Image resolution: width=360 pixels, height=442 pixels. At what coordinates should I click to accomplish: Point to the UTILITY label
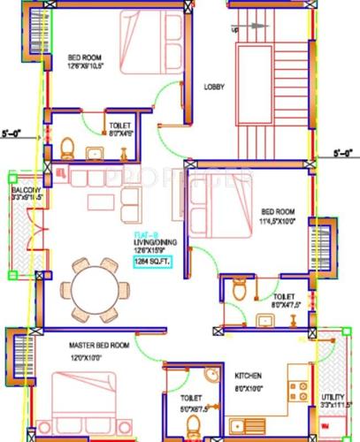coord(333,397)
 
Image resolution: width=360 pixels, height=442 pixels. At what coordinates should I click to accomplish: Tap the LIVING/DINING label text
coord(149,240)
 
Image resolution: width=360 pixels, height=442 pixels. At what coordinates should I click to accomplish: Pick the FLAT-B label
coord(142,232)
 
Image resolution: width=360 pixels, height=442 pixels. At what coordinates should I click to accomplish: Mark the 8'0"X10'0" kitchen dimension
coord(248,386)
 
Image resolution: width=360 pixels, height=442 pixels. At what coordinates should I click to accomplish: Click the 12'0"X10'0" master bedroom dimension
coord(97,357)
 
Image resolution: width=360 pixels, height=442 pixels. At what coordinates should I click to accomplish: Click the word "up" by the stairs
coord(235,29)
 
